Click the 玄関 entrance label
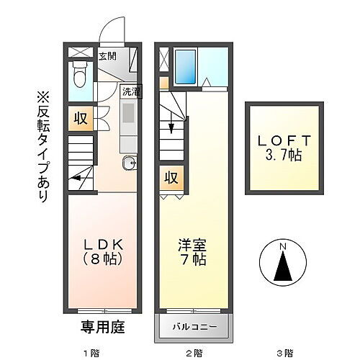pyautogui.click(x=108, y=55)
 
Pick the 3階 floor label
pyautogui.click(x=285, y=353)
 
